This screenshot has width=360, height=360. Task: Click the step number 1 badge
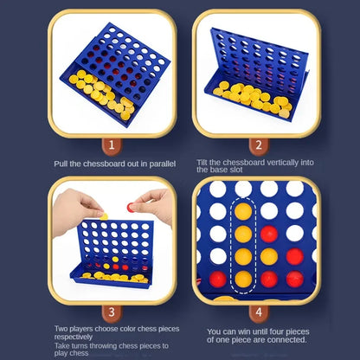[x=112, y=145]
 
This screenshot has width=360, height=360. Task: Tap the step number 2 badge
[x=259, y=145]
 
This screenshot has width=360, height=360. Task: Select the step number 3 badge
[x=112, y=312]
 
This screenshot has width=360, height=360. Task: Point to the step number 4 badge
[x=259, y=312]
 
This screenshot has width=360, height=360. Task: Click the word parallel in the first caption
[x=163, y=164]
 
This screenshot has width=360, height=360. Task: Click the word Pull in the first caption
[x=61, y=164]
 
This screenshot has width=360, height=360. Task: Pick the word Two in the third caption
[x=61, y=329]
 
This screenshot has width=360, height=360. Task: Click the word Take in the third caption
[x=62, y=345]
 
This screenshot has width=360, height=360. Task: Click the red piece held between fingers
[x=131, y=208]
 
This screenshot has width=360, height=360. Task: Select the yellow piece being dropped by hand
[x=104, y=216]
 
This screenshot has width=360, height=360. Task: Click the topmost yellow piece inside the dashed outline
[x=243, y=211]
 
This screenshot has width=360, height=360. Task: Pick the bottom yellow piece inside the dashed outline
[x=243, y=280]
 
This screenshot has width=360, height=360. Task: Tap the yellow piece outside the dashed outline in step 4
[x=269, y=257]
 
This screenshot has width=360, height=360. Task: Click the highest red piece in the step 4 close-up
[x=269, y=234]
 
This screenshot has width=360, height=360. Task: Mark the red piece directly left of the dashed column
[x=218, y=280]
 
